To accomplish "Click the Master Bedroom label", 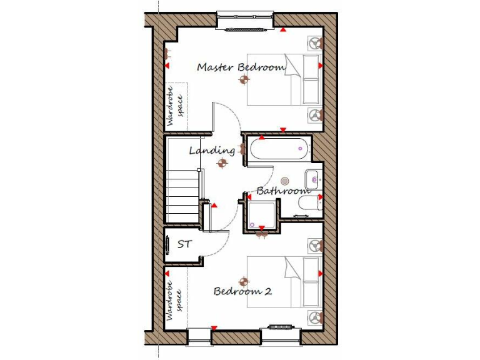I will [241, 67].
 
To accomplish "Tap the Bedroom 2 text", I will [242, 291].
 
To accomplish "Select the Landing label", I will [212, 151].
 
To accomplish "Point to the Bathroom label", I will [283, 191].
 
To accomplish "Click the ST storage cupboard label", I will [184, 244].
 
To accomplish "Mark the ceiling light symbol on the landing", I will [221, 164].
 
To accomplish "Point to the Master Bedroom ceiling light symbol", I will [244, 79].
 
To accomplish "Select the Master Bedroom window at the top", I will [245, 21].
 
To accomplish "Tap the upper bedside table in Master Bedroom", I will [315, 43].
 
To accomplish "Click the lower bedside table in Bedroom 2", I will [315, 317].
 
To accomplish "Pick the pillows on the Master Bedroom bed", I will [311, 79].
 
